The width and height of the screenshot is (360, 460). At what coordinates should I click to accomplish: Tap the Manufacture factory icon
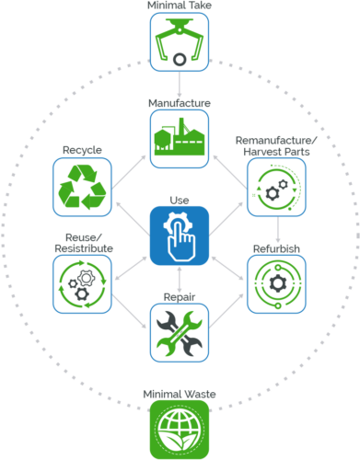[x=180, y=139]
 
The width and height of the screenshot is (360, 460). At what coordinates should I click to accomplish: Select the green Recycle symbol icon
[x=83, y=187]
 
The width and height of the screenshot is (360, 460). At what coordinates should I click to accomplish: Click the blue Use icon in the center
[x=180, y=236]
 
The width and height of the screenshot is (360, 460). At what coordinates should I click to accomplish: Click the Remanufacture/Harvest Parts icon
[x=276, y=187]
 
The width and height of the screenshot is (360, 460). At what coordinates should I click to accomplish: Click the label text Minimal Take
[x=180, y=6]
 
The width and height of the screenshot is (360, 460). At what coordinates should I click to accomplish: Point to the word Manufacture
[x=180, y=103]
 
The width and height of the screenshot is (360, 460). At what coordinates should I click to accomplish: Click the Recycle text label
[x=82, y=149]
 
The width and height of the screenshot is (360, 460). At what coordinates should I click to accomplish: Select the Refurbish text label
[x=276, y=248]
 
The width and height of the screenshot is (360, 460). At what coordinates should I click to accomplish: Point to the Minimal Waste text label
[x=180, y=394]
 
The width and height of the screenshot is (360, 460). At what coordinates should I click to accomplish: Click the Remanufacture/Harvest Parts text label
[x=276, y=144]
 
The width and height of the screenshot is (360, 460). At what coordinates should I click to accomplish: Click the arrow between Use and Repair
[x=180, y=282]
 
